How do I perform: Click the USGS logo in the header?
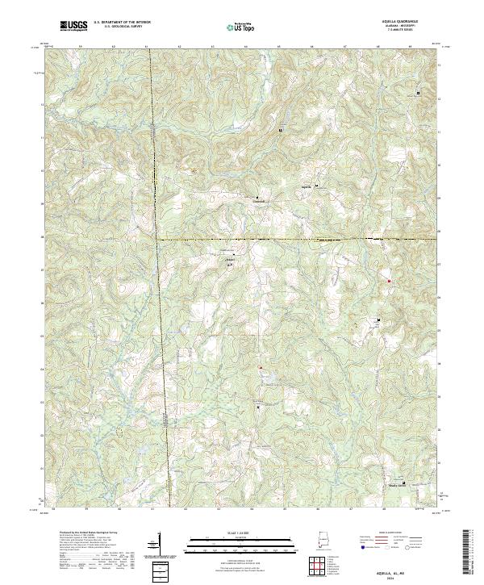74,26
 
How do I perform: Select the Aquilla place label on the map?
305,186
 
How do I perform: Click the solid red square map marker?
389,281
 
